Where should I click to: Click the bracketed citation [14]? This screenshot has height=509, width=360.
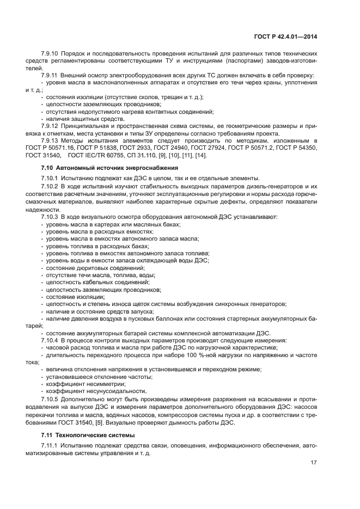[x=202, y=156]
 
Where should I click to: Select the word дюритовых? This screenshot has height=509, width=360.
[x=90, y=267]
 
